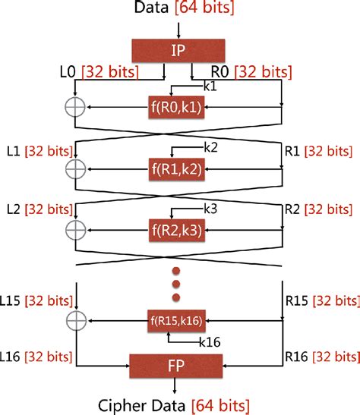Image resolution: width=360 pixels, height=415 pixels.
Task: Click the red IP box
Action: click(x=179, y=51)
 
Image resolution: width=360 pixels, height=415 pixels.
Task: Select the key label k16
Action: click(x=209, y=342)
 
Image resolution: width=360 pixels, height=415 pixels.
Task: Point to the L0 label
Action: click(x=68, y=73)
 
